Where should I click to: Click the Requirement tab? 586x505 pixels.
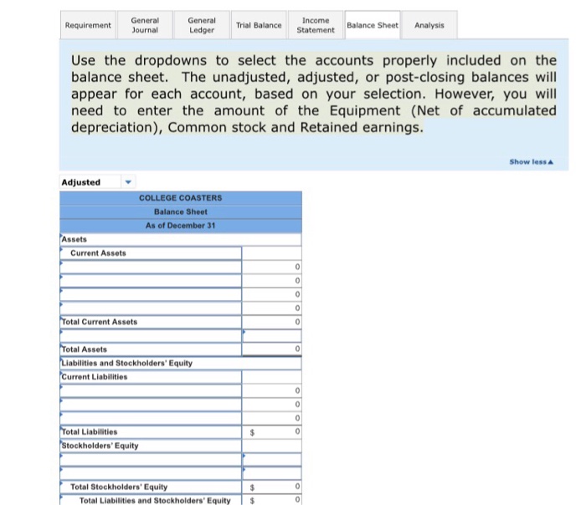[88, 25]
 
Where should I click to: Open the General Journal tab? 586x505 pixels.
[146, 25]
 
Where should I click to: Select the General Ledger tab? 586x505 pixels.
[202, 25]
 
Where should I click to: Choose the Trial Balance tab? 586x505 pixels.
[259, 25]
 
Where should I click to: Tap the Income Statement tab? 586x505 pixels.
[315, 25]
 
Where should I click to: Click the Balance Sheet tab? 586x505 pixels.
[373, 25]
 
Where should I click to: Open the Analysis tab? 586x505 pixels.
[429, 25]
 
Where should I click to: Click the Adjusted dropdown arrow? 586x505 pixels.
[128, 182]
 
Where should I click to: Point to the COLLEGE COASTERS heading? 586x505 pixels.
[180, 198]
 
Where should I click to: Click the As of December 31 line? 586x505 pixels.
[180, 226]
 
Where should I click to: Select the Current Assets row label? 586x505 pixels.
[98, 253]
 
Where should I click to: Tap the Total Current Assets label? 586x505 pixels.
[99, 322]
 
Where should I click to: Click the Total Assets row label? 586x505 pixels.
[84, 349]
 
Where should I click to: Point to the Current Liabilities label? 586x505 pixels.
[94, 377]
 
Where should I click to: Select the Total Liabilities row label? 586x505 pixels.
[89, 431]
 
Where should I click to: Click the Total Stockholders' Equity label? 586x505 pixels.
[119, 487]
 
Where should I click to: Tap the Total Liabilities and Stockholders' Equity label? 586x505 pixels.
[154, 500]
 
